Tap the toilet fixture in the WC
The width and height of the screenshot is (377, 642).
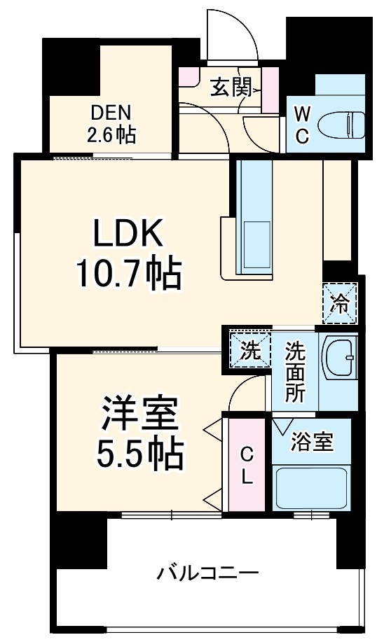338,126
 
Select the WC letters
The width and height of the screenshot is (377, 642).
301,125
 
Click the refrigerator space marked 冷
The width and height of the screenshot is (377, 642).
340,302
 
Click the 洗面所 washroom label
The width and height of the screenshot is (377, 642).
295,372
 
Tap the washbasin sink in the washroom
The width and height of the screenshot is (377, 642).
339,358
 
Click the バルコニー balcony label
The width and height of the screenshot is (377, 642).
207,573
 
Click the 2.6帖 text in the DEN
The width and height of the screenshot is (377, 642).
112,134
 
